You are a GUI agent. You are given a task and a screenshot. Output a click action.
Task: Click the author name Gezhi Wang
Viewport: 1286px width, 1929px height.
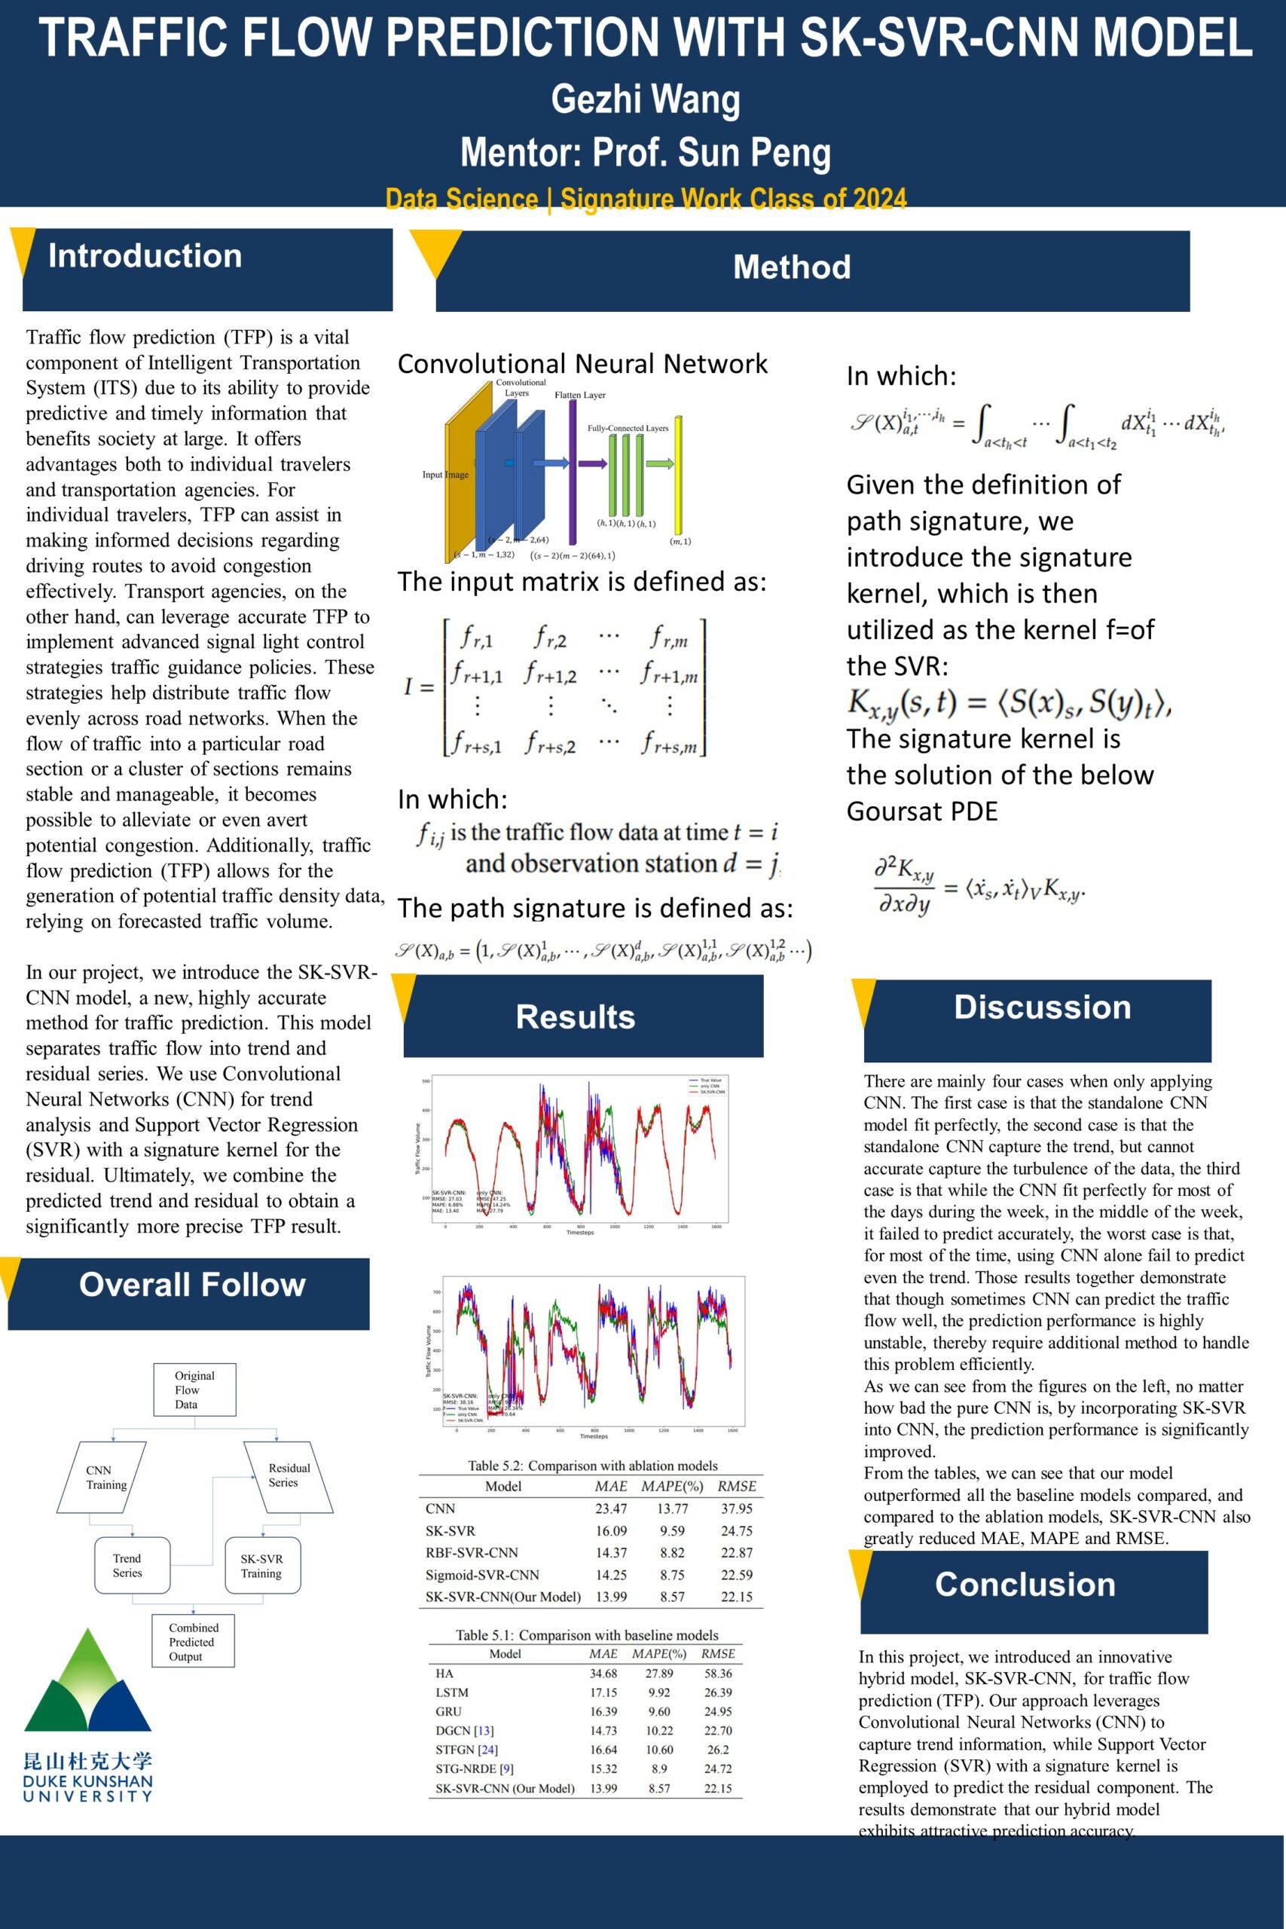click(646, 99)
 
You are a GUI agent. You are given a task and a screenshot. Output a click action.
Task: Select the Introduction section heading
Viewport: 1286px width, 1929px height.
click(145, 256)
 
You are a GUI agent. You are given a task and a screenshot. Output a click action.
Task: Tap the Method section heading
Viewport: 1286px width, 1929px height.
click(792, 267)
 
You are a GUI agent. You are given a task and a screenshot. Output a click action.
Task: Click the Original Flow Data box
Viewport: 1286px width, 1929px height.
click(194, 1389)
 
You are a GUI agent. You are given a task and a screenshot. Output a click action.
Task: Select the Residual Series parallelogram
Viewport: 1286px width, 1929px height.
click(288, 1475)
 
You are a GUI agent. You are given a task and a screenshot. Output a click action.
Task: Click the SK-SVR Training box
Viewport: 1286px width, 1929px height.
click(261, 1566)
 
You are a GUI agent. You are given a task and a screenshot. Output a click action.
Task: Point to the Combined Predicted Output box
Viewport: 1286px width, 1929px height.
click(193, 1641)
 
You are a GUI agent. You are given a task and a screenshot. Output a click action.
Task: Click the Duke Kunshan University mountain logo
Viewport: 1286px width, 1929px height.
click(87, 1685)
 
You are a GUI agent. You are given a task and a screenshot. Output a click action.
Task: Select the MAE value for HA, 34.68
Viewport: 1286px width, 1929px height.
click(603, 1673)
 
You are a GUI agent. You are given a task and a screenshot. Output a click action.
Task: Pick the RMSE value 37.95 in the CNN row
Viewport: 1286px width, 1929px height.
click(737, 1509)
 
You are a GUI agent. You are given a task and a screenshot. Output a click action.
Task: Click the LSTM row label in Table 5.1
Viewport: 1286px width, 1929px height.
click(452, 1692)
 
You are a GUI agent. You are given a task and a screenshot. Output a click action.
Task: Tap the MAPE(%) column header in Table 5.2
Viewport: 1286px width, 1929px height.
click(672, 1486)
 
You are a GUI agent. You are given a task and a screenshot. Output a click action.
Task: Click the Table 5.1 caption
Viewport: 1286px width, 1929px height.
click(586, 1634)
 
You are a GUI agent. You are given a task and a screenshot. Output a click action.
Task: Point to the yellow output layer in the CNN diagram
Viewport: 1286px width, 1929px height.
click(678, 475)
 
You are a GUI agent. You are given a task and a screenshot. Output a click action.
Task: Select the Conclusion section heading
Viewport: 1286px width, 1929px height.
click(1025, 1585)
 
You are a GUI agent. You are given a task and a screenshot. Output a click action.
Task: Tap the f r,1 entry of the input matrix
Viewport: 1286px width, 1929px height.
click(475, 637)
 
